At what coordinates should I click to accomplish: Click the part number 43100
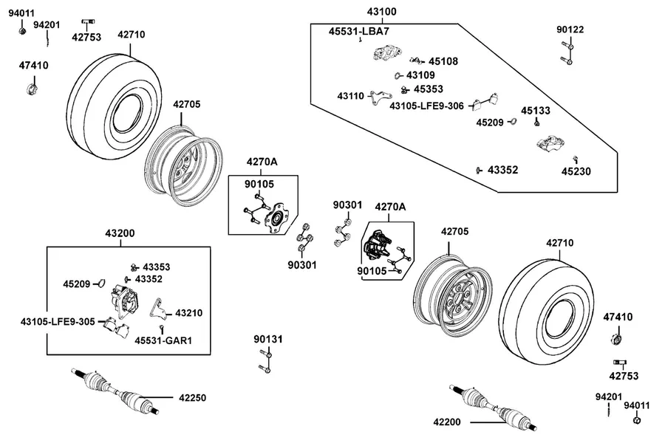point(382,12)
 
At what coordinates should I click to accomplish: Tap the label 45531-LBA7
point(359,31)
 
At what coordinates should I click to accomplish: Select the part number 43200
point(120,233)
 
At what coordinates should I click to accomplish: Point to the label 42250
point(193,398)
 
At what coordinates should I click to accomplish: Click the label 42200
point(447,422)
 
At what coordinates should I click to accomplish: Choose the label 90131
point(268,339)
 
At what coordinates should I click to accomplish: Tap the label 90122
point(570,30)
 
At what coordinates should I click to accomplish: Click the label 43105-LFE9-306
point(426,106)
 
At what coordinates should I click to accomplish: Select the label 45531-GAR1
point(163,340)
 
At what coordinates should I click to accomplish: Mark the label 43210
point(188,313)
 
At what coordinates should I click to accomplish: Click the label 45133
point(536,111)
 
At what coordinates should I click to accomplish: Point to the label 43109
point(420,75)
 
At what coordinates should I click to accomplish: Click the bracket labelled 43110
point(380,97)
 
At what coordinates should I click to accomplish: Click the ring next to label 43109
point(398,76)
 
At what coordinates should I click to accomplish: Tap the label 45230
point(576,171)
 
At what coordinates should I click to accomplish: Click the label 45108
point(443,61)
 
